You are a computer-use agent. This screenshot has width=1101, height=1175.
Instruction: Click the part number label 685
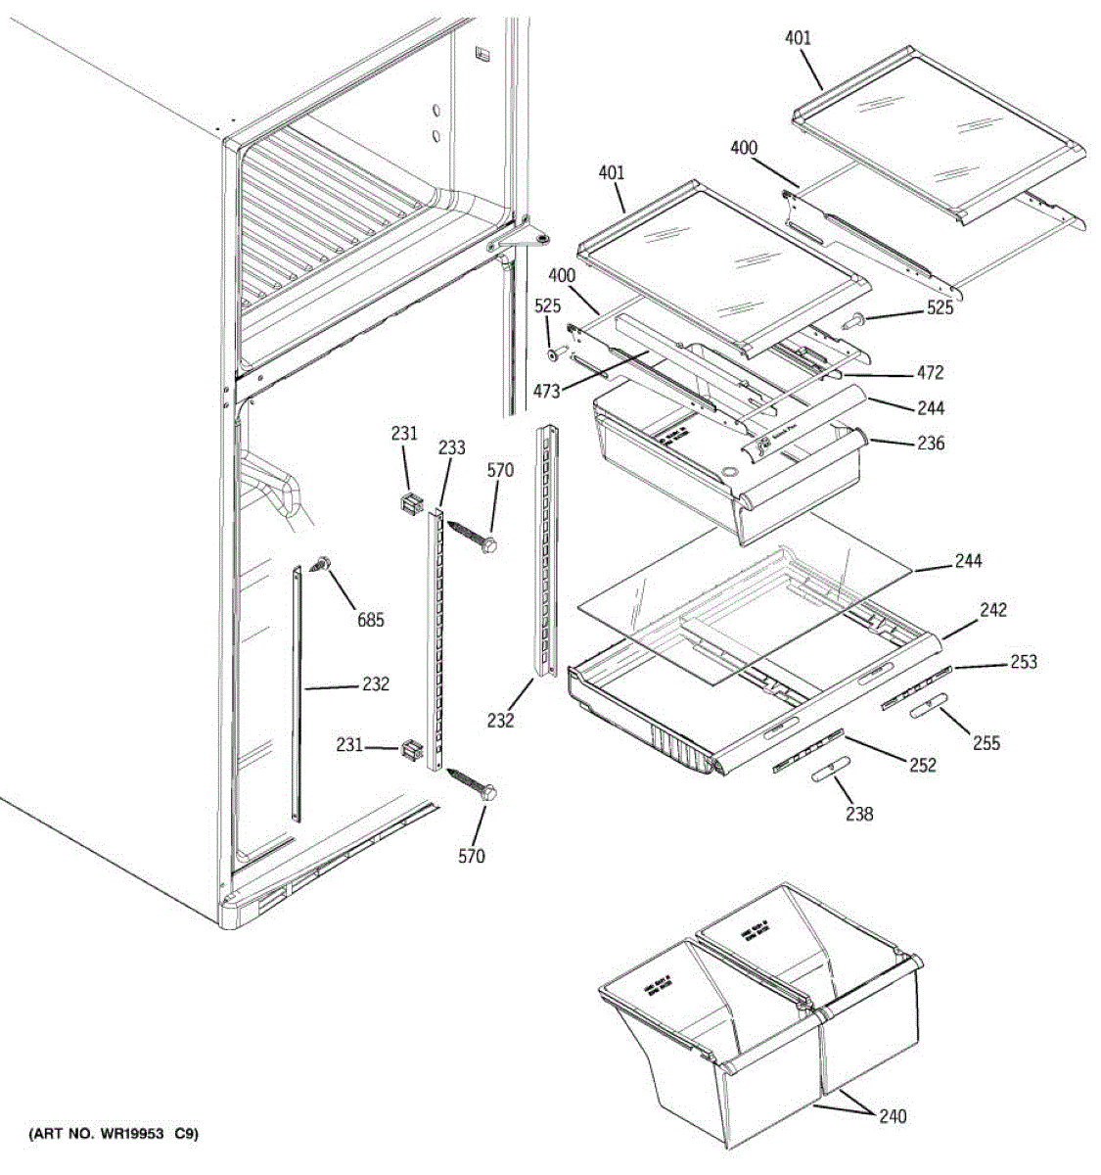click(x=371, y=619)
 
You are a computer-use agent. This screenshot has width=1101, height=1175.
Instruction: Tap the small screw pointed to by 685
click(x=321, y=563)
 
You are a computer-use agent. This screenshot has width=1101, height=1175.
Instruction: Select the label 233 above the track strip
click(x=451, y=447)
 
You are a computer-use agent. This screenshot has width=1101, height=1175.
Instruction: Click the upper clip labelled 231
click(x=409, y=504)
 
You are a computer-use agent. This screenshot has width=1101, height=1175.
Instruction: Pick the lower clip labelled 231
click(x=410, y=750)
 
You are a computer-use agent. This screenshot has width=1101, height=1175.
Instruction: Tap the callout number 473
click(x=547, y=392)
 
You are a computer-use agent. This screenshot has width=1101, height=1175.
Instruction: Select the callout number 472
click(x=930, y=372)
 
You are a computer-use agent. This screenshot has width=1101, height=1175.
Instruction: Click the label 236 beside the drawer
click(x=931, y=444)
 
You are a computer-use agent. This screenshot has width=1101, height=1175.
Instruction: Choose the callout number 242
click(x=992, y=610)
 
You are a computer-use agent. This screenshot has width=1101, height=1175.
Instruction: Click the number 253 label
click(x=1024, y=662)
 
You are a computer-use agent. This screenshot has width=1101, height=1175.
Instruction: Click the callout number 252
click(x=921, y=765)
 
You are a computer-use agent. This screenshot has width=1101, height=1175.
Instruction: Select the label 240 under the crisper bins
click(x=892, y=1116)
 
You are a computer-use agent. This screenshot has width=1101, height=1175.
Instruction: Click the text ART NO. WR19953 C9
click(x=113, y=1135)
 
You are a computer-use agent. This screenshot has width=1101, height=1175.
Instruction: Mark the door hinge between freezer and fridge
click(x=519, y=238)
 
